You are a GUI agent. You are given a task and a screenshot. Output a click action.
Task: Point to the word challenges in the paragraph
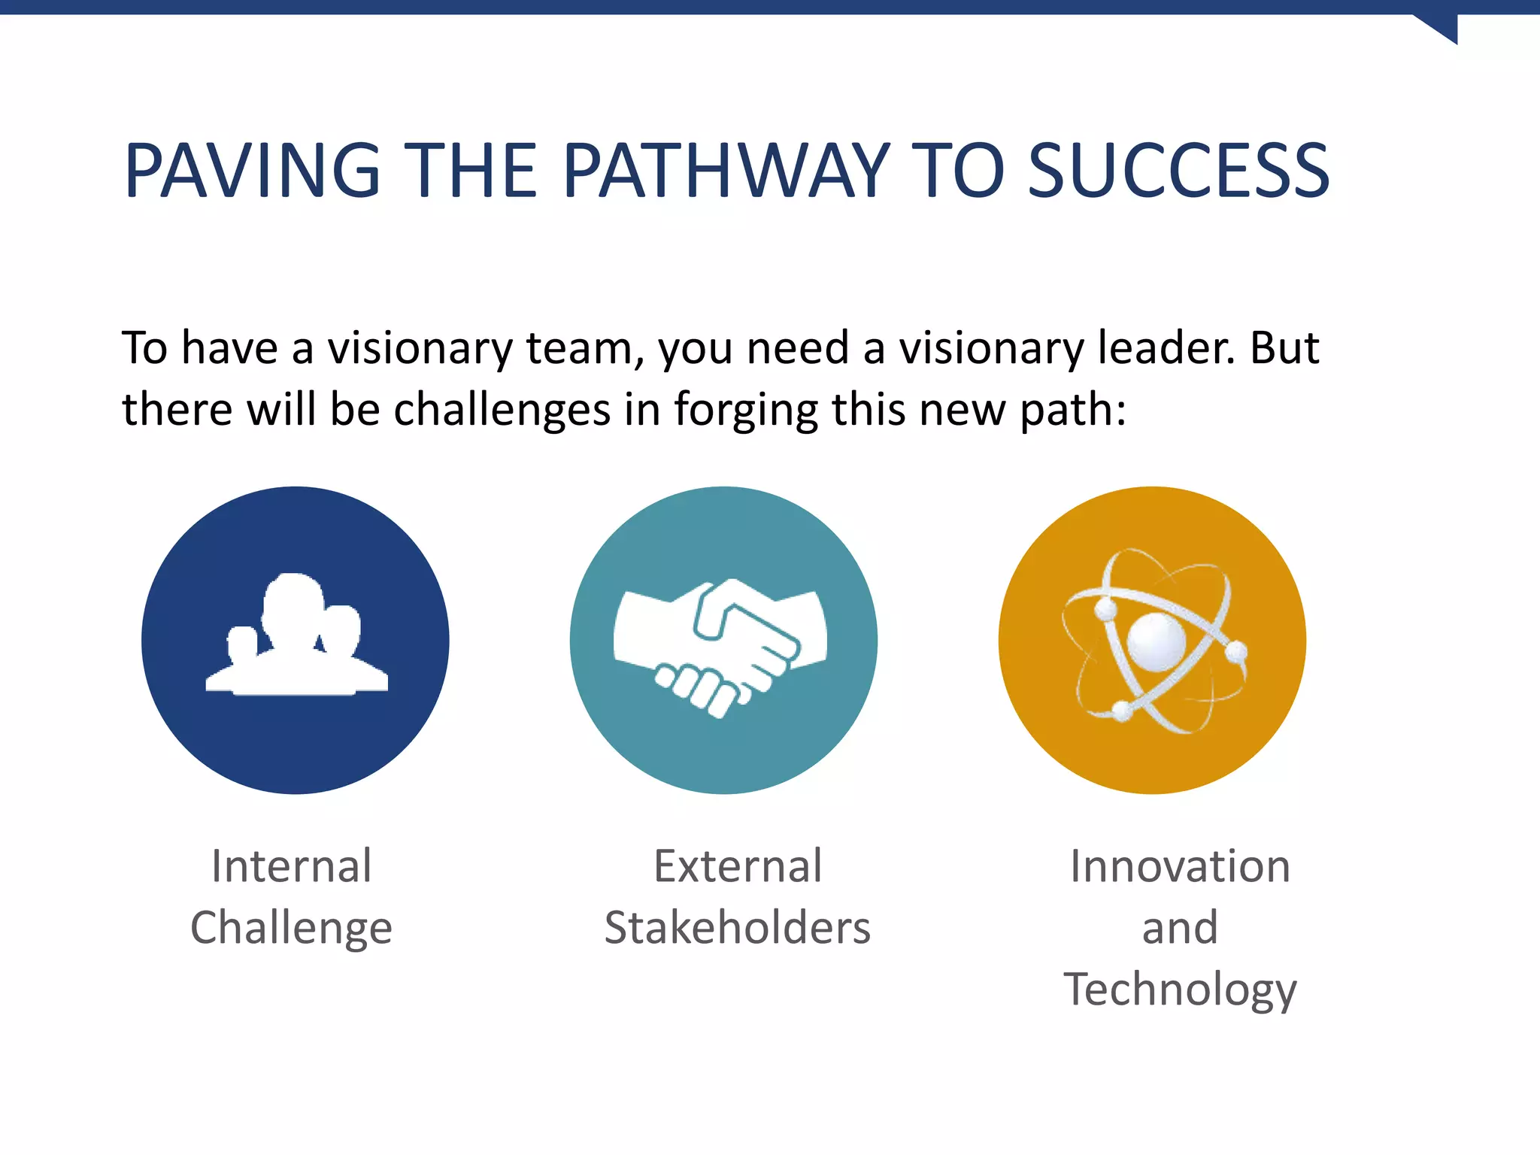502,411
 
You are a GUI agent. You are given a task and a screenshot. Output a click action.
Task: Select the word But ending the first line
1284,348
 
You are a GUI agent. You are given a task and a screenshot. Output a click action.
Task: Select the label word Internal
292,865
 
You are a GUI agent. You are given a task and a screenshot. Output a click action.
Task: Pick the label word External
738,865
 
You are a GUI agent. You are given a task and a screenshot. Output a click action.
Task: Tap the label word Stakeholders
738,927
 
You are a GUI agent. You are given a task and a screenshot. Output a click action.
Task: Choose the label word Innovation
1180,865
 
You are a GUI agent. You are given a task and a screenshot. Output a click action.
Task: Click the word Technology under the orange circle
1180,990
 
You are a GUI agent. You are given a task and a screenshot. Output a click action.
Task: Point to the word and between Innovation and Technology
1180,927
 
